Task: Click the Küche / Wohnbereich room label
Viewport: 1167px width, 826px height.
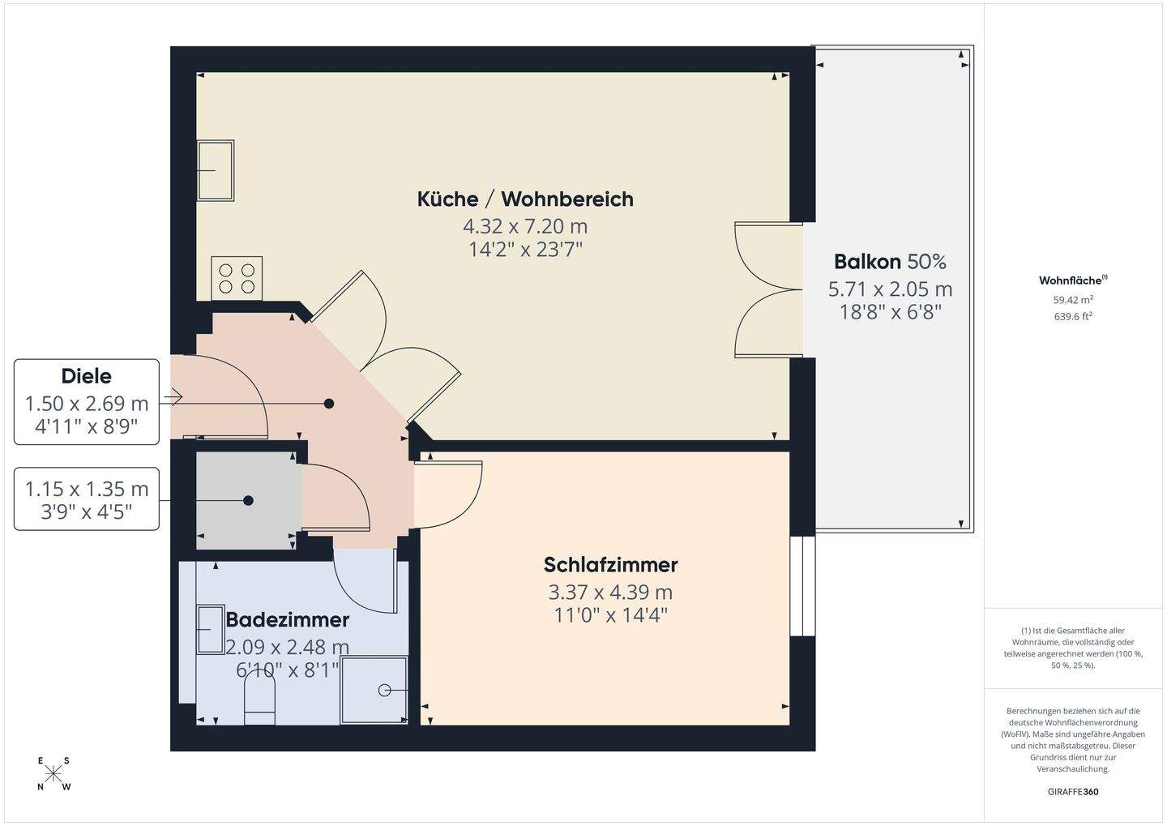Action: (525, 199)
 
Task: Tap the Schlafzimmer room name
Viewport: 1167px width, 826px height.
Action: (610, 564)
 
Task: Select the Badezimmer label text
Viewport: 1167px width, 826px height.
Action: (287, 619)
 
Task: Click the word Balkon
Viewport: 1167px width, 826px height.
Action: (867, 262)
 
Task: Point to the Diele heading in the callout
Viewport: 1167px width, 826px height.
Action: (86, 376)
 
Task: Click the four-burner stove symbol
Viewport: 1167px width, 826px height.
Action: (237, 278)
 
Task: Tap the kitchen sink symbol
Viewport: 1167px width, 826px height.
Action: (216, 170)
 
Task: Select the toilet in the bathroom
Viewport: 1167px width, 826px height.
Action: (260, 699)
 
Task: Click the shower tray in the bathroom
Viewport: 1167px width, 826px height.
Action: (374, 690)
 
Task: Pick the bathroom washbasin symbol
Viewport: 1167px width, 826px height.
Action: (211, 629)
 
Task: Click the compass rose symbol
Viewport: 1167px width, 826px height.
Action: (53, 774)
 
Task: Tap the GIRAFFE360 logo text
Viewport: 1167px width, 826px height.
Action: (1073, 792)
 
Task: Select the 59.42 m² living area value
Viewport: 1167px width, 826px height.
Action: (1073, 300)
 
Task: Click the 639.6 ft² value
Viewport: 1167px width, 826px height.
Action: (1073, 317)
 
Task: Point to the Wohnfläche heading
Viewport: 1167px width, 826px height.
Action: (1072, 280)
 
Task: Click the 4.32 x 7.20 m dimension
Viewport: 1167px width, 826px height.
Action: (525, 225)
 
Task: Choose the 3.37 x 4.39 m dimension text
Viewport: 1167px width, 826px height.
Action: (610, 593)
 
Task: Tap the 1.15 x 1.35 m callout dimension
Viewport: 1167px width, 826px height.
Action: (87, 490)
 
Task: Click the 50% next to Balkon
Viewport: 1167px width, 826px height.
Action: (926, 262)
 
